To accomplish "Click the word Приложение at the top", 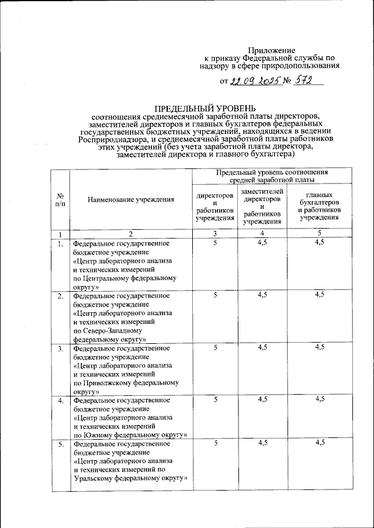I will tap(272, 50).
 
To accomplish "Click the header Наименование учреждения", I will tap(131, 200).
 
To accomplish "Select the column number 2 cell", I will tap(131, 234).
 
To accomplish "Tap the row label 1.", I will tap(60, 243).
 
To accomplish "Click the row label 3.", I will tap(60, 349).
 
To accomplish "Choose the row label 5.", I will tap(60, 445).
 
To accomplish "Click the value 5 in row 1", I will tap(215, 242).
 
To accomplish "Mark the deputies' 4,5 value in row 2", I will tap(262, 295).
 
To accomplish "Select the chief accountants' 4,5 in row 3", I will tap(319, 348).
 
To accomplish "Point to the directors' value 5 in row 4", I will tap(215, 400).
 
